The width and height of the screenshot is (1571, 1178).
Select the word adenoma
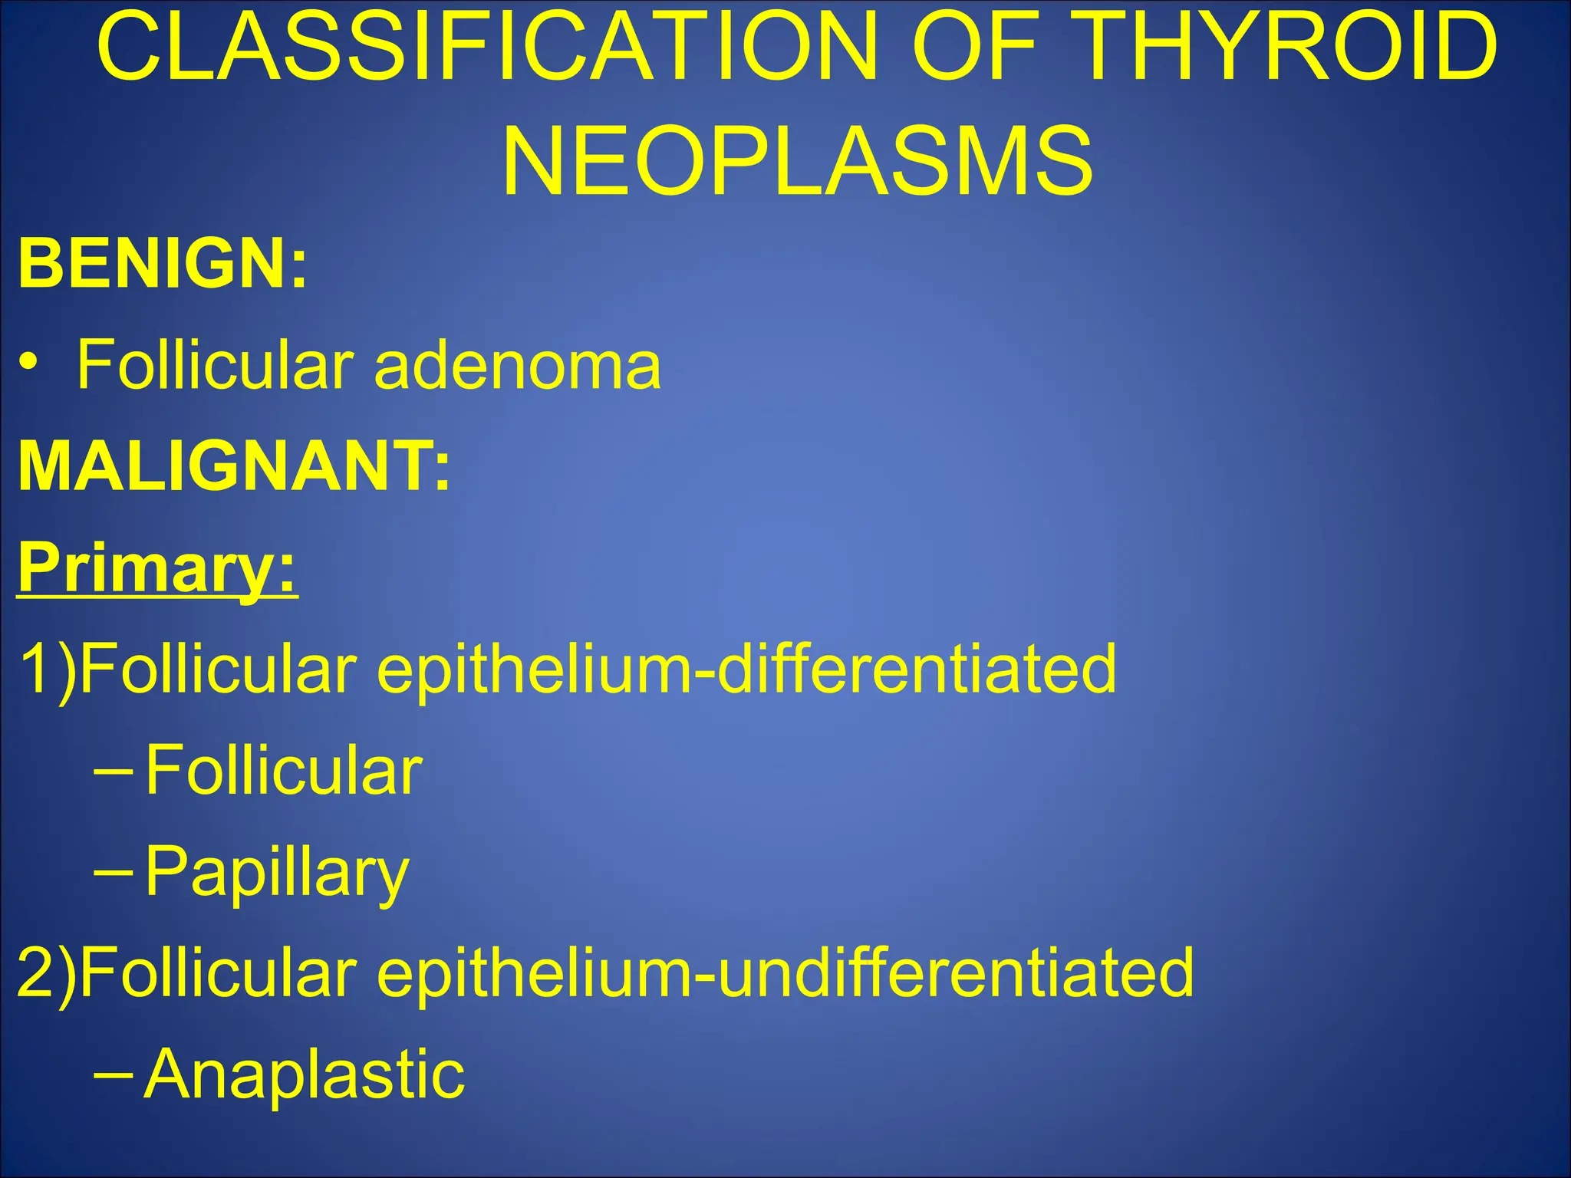coord(517,366)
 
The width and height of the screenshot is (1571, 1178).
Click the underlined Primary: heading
coord(156,568)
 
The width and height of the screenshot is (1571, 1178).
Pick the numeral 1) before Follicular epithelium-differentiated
coord(46,669)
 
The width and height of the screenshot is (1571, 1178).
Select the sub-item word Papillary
coord(277,872)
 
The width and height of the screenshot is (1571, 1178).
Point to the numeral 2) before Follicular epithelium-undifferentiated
coord(46,972)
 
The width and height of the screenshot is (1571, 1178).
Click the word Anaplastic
coord(305,1074)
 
